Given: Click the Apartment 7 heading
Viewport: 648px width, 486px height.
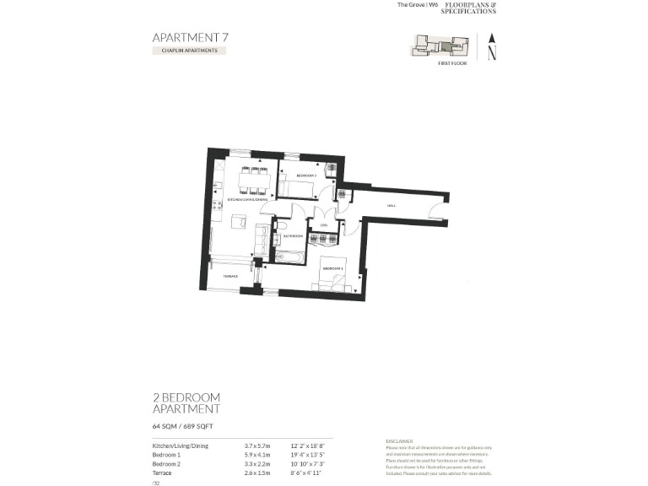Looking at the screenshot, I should (190, 37).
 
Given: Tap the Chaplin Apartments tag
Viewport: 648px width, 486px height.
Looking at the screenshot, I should (190, 51).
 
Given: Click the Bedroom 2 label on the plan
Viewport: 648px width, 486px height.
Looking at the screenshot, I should (306, 175).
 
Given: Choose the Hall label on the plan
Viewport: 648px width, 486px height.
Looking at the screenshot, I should (391, 205).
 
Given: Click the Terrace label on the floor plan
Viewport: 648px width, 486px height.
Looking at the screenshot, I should (229, 277).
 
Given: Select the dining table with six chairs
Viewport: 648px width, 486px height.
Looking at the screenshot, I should (253, 180).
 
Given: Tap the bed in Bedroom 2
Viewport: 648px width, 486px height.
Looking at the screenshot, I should (295, 187).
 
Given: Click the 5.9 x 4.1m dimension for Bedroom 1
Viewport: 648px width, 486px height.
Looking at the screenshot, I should (256, 455).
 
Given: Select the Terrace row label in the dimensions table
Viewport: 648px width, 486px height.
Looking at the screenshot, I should (162, 474).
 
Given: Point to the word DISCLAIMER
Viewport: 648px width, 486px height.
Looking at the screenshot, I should (399, 440).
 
